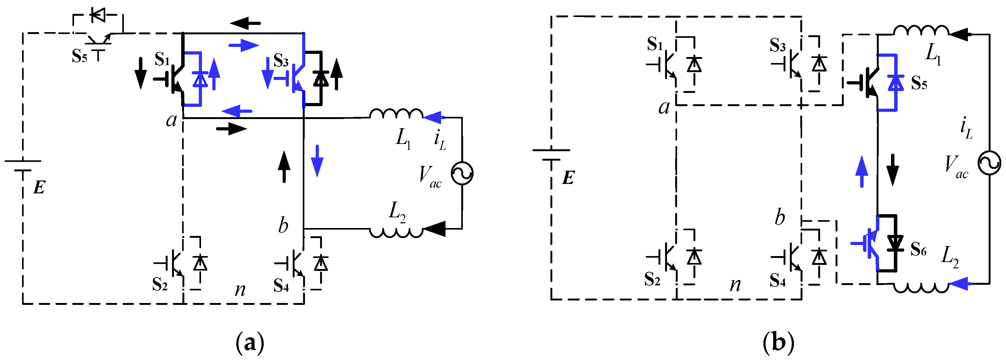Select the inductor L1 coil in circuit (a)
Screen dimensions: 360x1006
396,114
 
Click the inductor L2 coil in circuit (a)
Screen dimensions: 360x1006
396,233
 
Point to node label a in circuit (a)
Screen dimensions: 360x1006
171,120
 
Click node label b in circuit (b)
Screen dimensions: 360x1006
779,217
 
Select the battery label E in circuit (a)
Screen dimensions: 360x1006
39,188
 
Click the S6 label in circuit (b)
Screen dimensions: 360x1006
918,249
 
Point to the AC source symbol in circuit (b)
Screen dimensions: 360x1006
989,163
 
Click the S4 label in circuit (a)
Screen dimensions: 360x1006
281,285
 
